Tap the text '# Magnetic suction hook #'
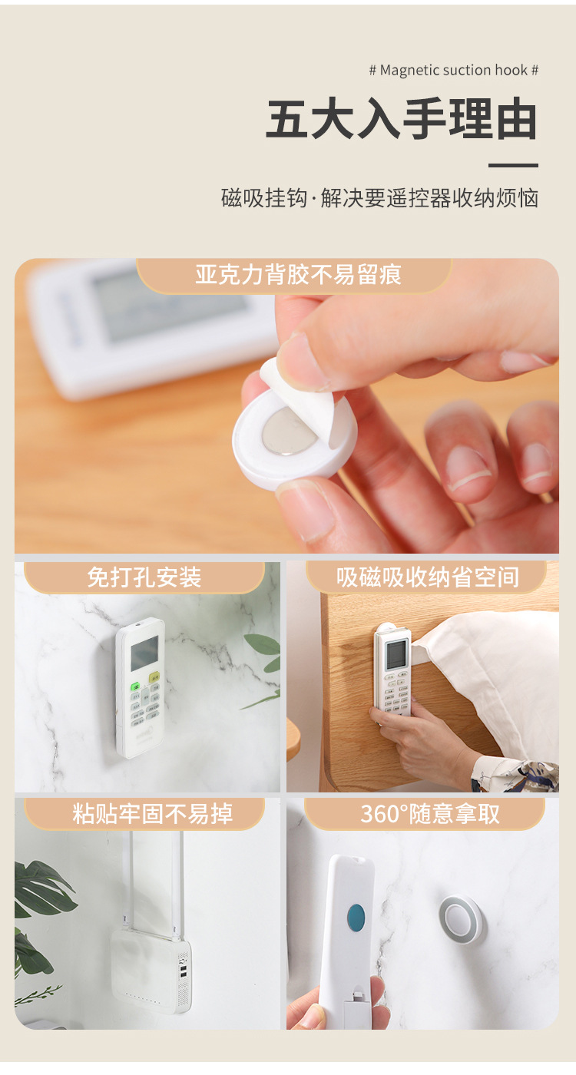453,70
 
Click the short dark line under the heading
513,165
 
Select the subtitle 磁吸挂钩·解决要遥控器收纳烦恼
379,198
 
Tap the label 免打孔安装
144,577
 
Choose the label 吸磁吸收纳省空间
428,577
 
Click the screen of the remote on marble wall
144,653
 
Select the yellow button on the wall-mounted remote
154,677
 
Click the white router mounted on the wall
151,970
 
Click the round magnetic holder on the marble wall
461,919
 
